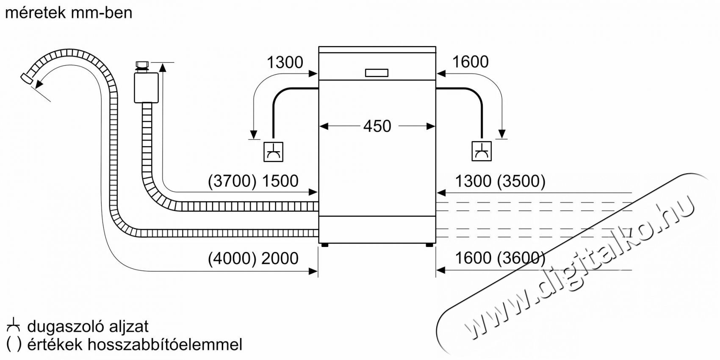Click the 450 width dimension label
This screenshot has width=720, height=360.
click(377, 126)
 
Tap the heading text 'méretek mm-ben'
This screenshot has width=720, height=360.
click(69, 13)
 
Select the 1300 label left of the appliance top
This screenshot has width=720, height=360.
click(285, 62)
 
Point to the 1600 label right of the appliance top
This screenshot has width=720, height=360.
click(470, 62)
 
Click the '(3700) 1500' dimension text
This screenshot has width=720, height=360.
click(253, 181)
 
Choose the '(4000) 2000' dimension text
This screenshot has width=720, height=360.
click(253, 258)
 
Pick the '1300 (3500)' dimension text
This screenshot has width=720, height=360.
click(501, 181)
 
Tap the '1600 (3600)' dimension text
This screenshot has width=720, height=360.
click(501, 258)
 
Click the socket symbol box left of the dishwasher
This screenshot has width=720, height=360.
click(273, 152)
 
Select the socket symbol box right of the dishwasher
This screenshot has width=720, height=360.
click(482, 151)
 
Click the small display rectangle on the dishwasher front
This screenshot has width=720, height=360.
click(377, 73)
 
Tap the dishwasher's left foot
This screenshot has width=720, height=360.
click(325, 245)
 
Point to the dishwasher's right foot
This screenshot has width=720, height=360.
click(429, 245)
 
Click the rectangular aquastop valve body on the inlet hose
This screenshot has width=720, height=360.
click(146, 88)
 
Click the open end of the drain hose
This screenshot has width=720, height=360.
click(26, 79)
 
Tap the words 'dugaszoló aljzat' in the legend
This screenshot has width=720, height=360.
click(88, 327)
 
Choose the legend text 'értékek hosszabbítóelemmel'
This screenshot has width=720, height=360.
click(135, 345)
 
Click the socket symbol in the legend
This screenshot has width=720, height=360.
click(13, 325)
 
